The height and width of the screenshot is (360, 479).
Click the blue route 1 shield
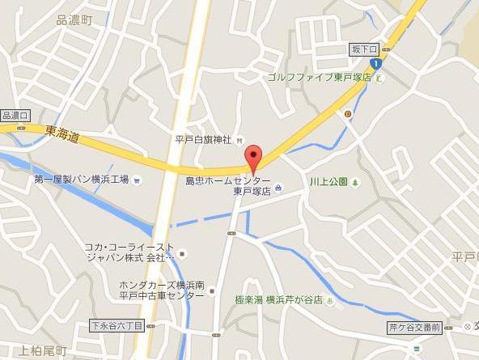pyautogui.click(x=375, y=63)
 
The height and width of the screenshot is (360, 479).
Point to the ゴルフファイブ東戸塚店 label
pyautogui.click(x=320, y=78)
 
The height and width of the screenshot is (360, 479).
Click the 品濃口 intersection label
pyautogui.click(x=15, y=116)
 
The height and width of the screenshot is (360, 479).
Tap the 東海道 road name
pyautogui.click(x=62, y=136)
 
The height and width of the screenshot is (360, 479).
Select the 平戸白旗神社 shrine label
pyautogui.click(x=204, y=140)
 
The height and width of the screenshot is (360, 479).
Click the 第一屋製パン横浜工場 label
pyautogui.click(x=81, y=179)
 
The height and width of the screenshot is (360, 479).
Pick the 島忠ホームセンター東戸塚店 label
pyautogui.click(x=228, y=185)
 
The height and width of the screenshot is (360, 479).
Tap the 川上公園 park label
pyautogui.click(x=328, y=182)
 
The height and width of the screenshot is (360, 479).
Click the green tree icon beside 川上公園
pyautogui.click(x=354, y=182)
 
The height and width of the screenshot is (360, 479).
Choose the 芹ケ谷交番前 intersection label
pyautogui.click(x=414, y=328)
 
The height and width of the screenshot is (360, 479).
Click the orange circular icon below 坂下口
pyautogui.click(x=348, y=113)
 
